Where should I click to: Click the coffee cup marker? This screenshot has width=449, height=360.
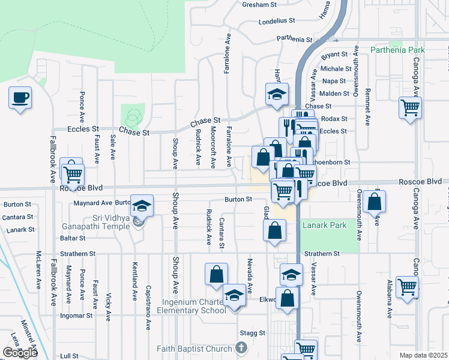click(x=20, y=97)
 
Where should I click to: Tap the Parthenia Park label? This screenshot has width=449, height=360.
click(x=398, y=50)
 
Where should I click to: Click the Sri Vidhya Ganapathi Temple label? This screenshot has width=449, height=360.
click(x=96, y=222)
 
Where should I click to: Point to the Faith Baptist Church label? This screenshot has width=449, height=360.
click(x=194, y=349)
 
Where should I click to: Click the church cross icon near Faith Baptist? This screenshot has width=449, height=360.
click(x=241, y=347)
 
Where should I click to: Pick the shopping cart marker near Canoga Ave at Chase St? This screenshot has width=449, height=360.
click(x=411, y=109)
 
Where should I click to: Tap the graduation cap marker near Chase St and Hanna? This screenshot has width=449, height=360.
click(x=277, y=94)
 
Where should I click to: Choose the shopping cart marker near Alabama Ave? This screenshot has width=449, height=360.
click(x=407, y=287)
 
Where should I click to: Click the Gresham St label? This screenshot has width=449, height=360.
click(x=259, y=5)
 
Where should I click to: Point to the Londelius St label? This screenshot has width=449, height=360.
click(x=277, y=20)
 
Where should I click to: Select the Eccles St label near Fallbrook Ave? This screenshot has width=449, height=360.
click(x=83, y=129)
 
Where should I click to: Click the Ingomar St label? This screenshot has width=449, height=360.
click(x=77, y=315)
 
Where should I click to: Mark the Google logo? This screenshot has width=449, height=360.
click(x=20, y=353)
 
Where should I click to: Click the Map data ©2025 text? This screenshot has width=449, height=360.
click(x=424, y=355)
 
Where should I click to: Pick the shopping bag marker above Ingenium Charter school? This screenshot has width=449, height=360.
click(x=217, y=274)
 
